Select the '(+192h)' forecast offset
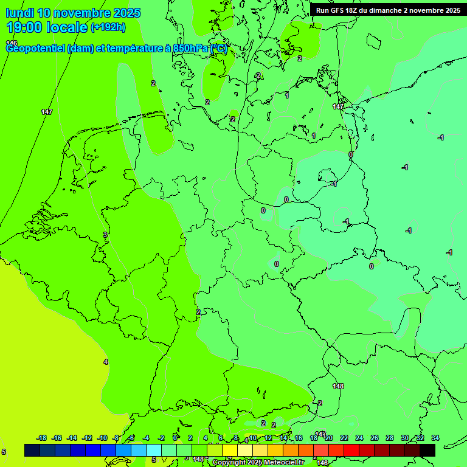(108, 27)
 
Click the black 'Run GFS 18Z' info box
(388, 10)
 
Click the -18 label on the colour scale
(42, 438)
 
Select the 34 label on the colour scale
(435, 438)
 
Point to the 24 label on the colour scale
(359, 438)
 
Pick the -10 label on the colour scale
(102, 438)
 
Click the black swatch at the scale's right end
(427, 450)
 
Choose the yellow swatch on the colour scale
(230, 450)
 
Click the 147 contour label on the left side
(47, 112)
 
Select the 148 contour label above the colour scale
(338, 386)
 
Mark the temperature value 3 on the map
(105, 234)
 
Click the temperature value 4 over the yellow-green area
(106, 362)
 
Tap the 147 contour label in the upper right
(338, 106)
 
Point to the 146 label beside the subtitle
(12, 43)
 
